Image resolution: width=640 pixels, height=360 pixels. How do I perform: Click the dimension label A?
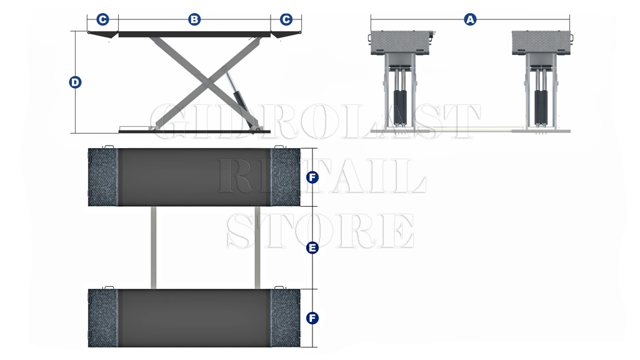pos(470,19)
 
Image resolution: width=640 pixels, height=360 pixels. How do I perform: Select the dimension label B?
pos(194,19)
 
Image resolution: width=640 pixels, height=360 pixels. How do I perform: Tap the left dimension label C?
pos(102,19)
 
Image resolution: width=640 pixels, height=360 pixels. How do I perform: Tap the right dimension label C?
pos(286,19)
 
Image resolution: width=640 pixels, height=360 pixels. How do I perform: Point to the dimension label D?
pos(75,82)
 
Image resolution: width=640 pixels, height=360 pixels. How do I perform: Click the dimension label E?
pos(312,247)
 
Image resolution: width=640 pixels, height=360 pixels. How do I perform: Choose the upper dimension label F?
pos(312,177)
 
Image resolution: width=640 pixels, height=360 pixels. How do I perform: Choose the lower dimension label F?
pos(312,318)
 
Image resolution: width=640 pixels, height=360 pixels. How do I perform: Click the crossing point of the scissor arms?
pos(206,82)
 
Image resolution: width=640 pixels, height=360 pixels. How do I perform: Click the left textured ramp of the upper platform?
pos(103,177)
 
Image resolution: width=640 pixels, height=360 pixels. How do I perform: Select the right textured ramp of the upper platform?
pos(285,177)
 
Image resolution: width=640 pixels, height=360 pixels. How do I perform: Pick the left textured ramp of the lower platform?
pos(103,318)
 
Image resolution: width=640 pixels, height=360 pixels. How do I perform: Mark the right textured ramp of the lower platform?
pos(285,318)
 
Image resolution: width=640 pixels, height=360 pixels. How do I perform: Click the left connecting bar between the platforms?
pos(154,247)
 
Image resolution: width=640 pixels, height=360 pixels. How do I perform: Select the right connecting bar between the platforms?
pos(257,247)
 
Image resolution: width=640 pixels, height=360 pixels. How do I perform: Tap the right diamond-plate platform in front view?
pos(542,42)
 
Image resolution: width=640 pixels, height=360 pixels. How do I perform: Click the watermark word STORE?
pos(321,231)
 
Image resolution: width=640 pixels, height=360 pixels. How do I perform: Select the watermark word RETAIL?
pos(321,176)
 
